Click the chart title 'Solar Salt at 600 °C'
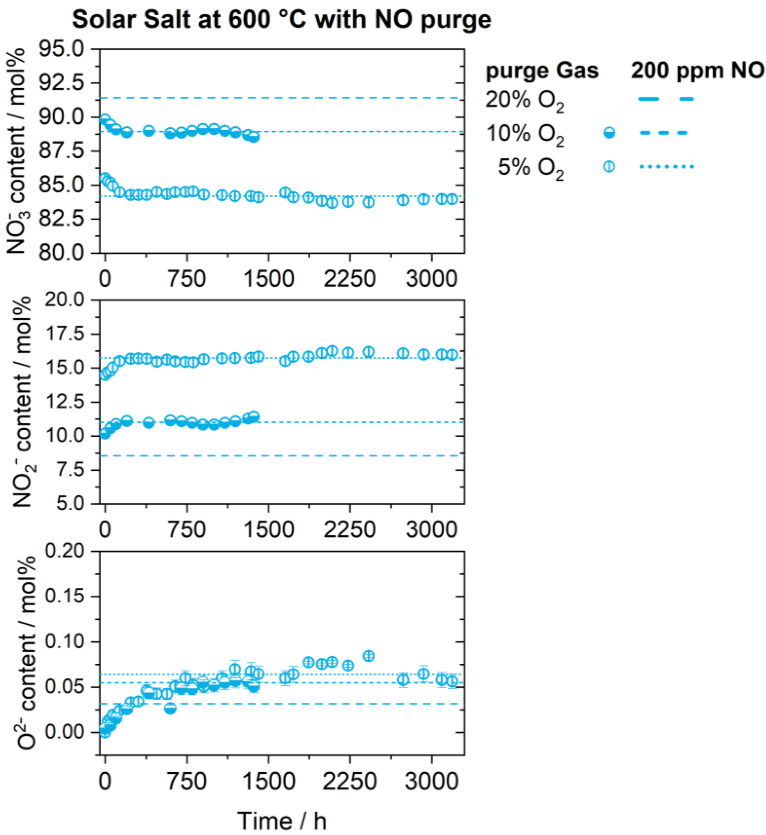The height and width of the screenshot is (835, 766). [x=282, y=20]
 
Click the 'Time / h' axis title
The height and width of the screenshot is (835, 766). [x=282, y=820]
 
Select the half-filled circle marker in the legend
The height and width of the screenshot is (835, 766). [x=609, y=133]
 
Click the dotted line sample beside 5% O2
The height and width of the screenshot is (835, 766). [x=666, y=167]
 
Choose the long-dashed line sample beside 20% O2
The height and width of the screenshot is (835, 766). [x=666, y=99]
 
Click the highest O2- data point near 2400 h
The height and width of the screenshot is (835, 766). [x=368, y=656]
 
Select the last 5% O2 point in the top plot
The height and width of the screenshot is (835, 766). [x=453, y=199]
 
